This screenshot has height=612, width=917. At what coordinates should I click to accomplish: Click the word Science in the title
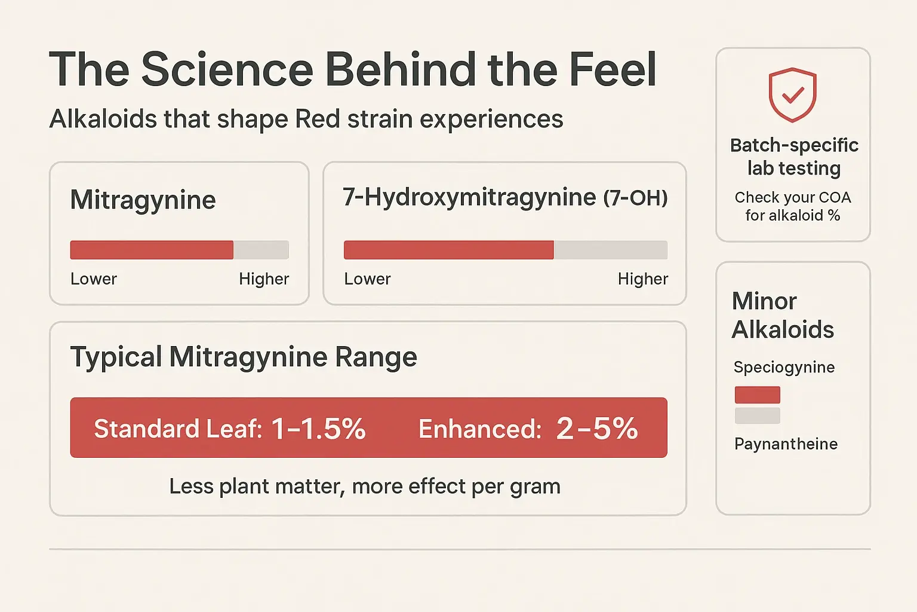(x=227, y=69)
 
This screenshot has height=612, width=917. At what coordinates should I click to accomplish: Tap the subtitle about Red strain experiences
(x=306, y=119)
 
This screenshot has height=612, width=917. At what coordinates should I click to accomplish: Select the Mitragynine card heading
(x=143, y=200)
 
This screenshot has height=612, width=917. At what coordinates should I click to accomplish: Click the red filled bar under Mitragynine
(x=152, y=250)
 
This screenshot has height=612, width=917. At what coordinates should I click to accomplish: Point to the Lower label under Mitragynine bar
(x=94, y=279)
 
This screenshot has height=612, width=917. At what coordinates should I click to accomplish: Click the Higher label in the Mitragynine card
(x=264, y=279)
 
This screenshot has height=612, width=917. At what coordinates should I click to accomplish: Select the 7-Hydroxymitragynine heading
(x=469, y=197)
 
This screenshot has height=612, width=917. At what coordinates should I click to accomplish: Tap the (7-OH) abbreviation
(x=635, y=198)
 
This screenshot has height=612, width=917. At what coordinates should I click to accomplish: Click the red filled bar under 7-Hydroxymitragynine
(x=448, y=250)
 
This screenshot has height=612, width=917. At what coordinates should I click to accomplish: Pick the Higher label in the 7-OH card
(x=643, y=279)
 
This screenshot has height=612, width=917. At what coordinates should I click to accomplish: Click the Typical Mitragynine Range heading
(x=244, y=357)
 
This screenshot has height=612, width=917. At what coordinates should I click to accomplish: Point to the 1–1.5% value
(x=318, y=429)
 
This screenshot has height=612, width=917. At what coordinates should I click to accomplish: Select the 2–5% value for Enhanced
(x=597, y=429)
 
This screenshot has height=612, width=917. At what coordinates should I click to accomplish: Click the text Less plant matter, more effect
(x=365, y=486)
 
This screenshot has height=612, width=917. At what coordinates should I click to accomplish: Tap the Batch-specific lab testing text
(x=793, y=157)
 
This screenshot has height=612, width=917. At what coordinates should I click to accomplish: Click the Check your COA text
(x=793, y=206)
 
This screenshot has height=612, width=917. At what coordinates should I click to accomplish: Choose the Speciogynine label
(x=784, y=367)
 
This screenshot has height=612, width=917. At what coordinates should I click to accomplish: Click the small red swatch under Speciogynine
(x=757, y=395)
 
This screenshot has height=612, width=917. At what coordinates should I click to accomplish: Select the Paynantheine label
(x=786, y=444)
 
